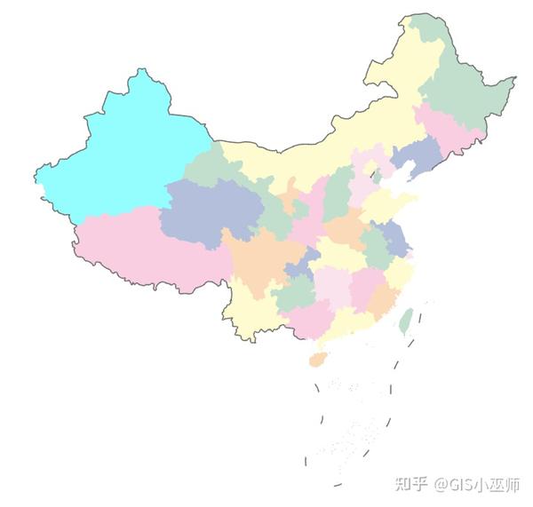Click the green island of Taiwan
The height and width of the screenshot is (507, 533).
pos(405,321)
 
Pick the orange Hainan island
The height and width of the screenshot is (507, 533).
pos(317,359)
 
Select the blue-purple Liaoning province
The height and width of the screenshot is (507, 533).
pos(416,158)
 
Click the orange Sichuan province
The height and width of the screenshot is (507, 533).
pos(258,257)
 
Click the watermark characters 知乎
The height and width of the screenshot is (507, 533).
pos(411,484)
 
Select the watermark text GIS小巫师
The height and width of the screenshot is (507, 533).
pos(483,484)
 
